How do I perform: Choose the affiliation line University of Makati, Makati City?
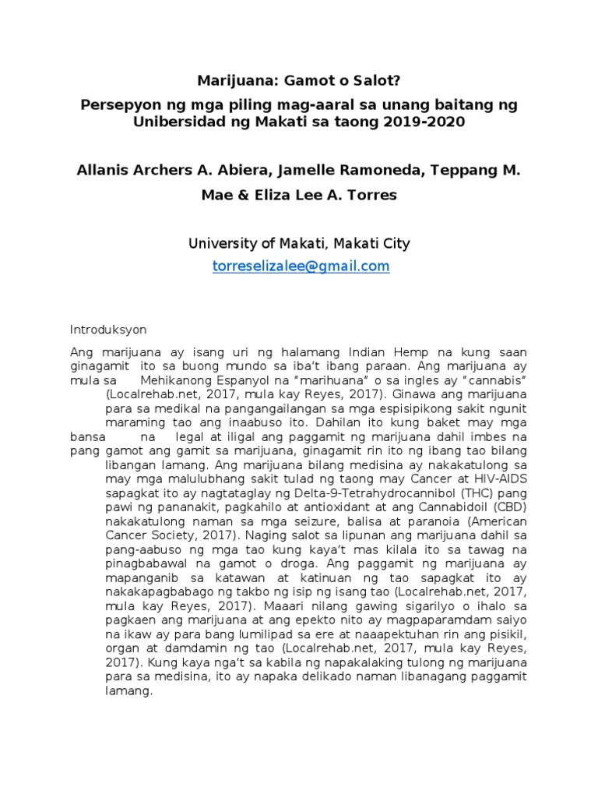point(299,244)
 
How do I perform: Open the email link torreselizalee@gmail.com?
point(301,267)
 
